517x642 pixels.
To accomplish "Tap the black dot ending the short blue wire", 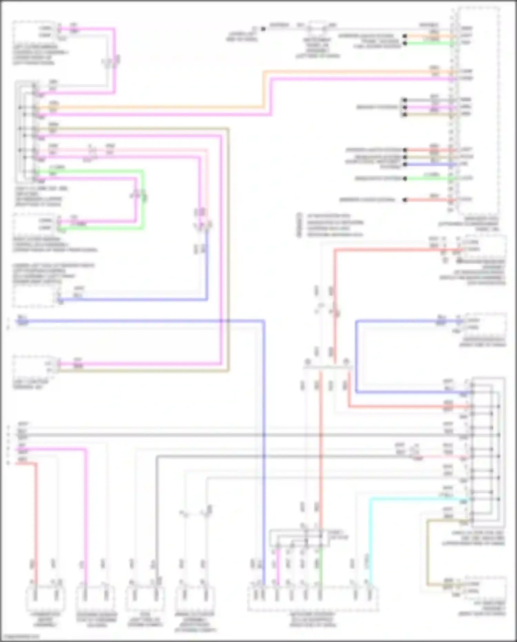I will coord(405,164).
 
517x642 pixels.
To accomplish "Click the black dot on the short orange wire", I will coord(405,36).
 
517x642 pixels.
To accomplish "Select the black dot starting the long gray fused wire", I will coord(263,29).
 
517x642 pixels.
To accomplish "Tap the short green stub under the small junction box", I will coord(321,566).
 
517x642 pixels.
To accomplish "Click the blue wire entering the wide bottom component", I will coord(264,517).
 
